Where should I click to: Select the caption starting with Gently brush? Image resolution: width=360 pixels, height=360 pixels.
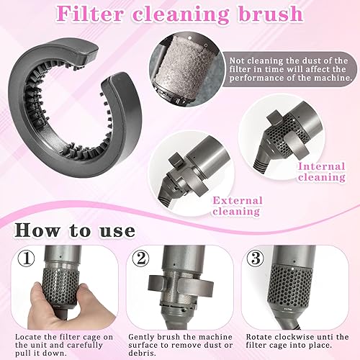180,345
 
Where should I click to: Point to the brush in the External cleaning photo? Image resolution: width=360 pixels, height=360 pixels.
184,155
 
